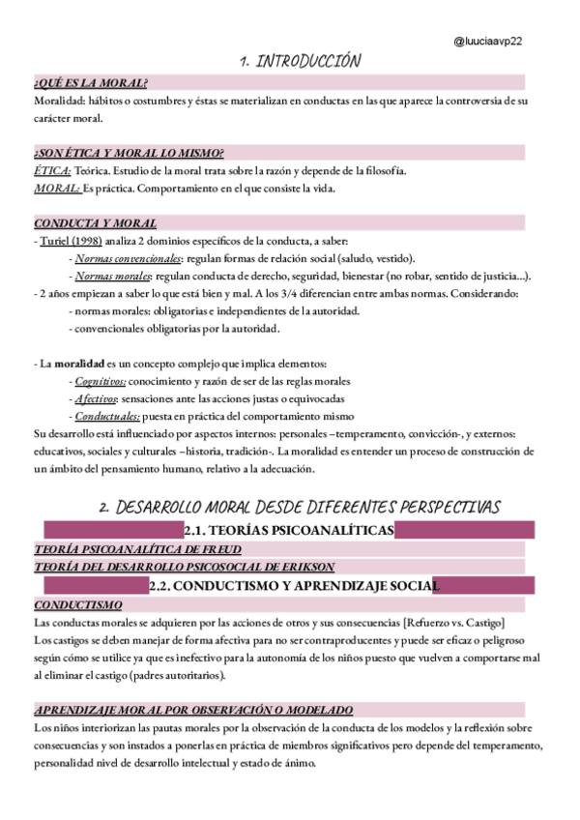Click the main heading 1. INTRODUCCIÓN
[301, 62]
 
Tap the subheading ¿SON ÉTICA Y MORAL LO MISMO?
[129, 153]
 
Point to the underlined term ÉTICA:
[52, 170]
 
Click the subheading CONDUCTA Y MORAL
[95, 222]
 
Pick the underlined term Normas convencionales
[128, 258]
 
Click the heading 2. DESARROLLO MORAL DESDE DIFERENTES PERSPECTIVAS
[301, 507]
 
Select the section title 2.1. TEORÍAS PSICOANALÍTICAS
[288, 530]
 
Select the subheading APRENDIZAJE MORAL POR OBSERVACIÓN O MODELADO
[193, 709]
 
